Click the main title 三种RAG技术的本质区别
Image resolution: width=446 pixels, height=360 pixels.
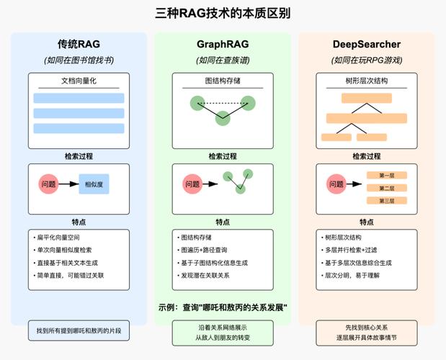coord(223,13)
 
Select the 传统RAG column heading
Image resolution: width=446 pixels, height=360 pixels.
coord(79,45)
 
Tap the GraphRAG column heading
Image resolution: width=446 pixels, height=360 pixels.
coord(223,45)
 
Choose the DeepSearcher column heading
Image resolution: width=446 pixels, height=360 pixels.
coord(367,45)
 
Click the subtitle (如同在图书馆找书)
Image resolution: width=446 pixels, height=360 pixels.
coord(79,60)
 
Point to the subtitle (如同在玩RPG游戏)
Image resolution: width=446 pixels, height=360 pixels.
coord(367,60)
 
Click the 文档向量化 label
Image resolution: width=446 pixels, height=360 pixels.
coord(79,81)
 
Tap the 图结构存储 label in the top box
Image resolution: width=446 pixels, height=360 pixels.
coord(223,81)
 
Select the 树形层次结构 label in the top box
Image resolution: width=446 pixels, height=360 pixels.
coord(367,81)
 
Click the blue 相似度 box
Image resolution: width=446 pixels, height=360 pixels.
coord(94,184)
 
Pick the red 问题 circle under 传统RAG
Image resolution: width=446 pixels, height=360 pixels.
coord(48,184)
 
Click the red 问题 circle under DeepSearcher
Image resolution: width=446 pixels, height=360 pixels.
coord(336,184)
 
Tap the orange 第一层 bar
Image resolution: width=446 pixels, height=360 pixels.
coord(387,175)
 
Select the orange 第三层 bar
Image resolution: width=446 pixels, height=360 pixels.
coord(387,200)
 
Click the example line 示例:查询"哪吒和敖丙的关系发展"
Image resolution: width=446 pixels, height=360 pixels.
coord(223,307)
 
